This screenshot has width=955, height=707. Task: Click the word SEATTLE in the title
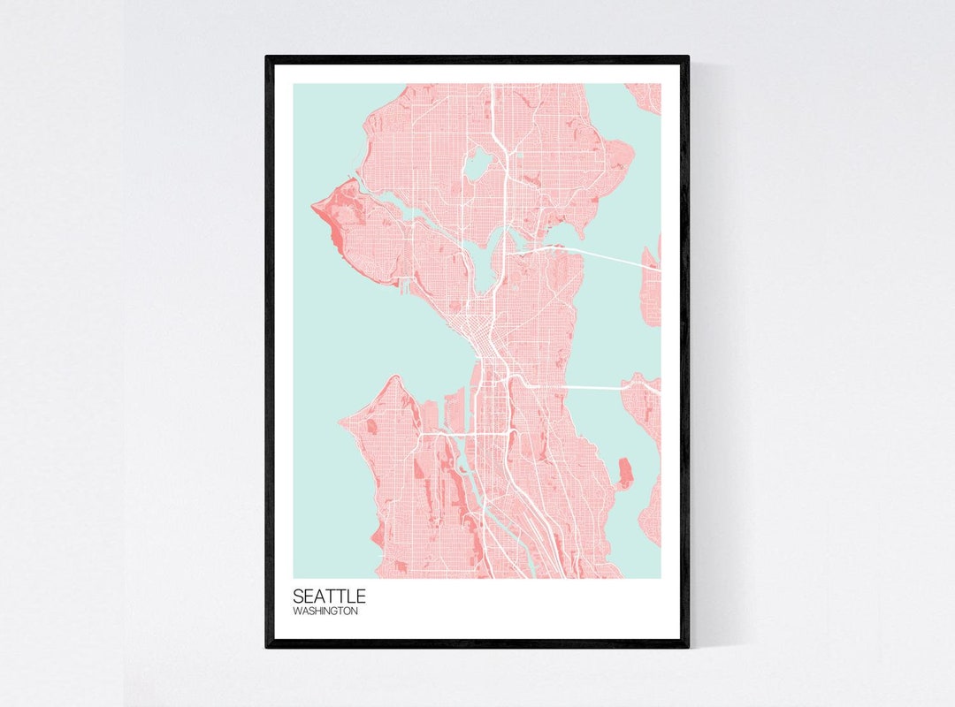click(328, 597)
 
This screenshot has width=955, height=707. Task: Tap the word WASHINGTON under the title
click(325, 612)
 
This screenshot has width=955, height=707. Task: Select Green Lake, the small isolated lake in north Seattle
click(477, 163)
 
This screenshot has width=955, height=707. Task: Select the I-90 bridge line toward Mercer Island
click(592, 388)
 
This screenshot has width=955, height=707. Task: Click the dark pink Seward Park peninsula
click(624, 473)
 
